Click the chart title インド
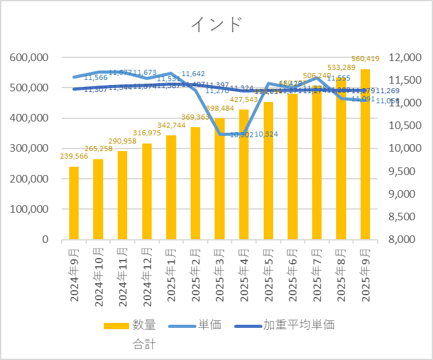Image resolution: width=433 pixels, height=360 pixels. click(216, 25)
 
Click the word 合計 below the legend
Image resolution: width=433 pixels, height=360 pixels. click(144, 344)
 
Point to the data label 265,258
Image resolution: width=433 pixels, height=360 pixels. click(99, 149)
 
